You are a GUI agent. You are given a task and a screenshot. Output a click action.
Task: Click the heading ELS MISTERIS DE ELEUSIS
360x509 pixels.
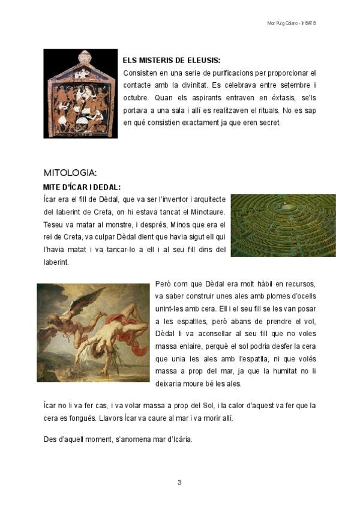[x=171, y=61]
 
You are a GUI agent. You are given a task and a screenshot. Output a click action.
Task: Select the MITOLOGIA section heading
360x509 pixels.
[x=70, y=173]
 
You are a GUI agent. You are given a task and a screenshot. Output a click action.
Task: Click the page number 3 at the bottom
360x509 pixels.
[x=179, y=482]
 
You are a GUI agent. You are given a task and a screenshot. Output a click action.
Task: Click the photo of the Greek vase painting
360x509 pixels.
[x=80, y=94]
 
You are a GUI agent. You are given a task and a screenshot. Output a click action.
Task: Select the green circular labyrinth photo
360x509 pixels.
[x=283, y=225]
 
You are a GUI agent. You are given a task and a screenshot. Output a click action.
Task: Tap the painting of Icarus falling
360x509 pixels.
[x=93, y=332]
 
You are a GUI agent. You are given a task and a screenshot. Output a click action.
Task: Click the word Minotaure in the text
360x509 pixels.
[x=206, y=211]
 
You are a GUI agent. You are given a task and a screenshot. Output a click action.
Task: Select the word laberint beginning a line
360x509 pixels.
[x=56, y=262]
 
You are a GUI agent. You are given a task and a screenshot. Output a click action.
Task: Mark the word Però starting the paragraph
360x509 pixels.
[x=164, y=284]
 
